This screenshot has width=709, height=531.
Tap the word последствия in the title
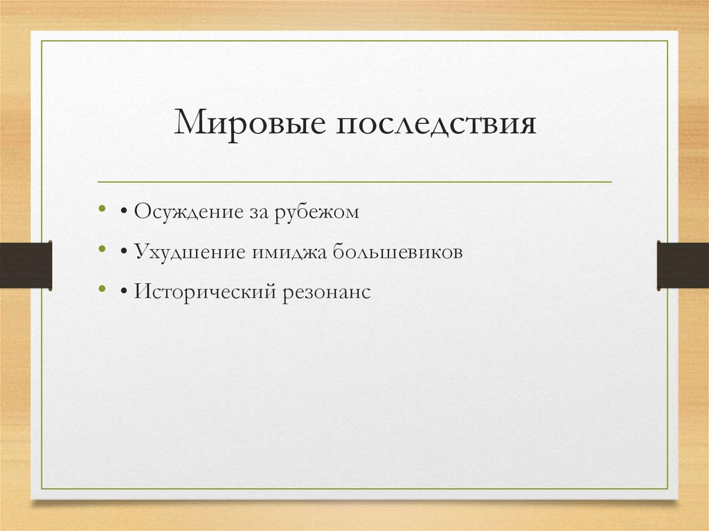point(438,124)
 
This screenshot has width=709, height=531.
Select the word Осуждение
point(186,211)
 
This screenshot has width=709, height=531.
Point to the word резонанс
point(325,292)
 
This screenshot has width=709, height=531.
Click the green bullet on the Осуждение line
point(102,208)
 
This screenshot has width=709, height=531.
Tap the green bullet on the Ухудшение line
point(102,249)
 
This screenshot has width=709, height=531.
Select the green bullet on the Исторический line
point(102,289)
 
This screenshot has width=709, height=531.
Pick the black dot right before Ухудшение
point(123,252)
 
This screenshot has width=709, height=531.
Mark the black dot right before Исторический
point(123,292)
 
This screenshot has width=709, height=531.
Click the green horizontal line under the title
point(354,182)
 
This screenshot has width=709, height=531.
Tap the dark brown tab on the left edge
point(26,264)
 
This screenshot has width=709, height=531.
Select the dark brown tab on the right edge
point(683,264)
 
